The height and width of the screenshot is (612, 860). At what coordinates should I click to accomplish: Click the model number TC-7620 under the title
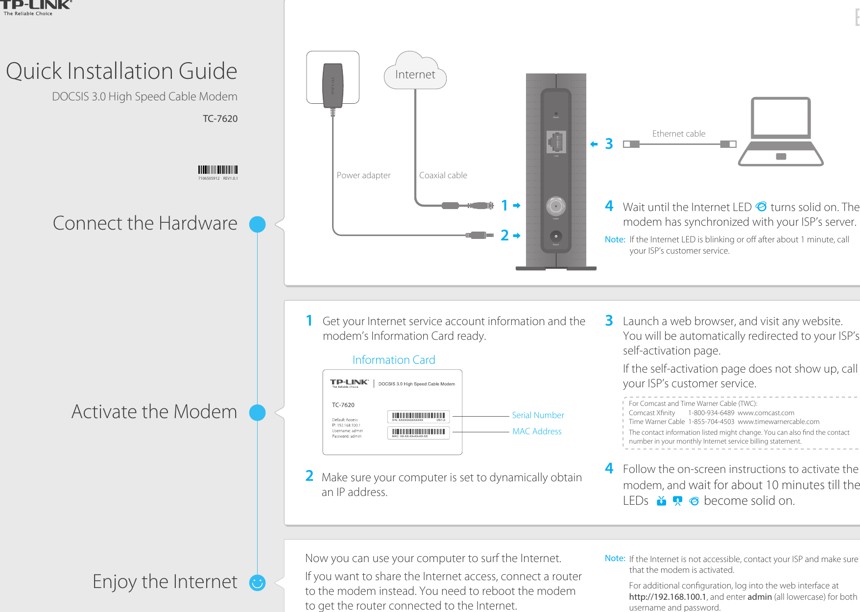pos(220,118)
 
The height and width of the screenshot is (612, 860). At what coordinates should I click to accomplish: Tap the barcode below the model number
pos(218,170)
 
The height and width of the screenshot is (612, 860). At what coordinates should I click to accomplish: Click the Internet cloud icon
pos(415,72)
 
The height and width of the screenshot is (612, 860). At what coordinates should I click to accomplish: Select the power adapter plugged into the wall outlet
pos(333,83)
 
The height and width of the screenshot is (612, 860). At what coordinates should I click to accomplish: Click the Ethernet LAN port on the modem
pos(556,142)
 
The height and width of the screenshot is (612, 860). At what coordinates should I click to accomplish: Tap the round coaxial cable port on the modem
pos(556,206)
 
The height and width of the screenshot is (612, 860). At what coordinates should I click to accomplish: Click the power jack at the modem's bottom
pos(556,237)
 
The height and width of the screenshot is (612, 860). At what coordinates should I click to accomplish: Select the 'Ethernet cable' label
pos(679,134)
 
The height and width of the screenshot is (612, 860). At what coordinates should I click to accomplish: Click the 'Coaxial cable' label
pos(443,175)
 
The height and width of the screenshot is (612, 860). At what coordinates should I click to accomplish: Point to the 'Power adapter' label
pos(363,175)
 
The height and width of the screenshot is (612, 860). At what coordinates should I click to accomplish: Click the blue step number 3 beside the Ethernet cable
pos(609,144)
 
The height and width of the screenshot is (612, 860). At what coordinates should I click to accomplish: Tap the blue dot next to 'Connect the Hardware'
pos(257,224)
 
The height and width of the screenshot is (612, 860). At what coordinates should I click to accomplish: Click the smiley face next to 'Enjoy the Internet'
pos(257,583)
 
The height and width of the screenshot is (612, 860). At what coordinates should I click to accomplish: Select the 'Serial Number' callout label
pos(538,415)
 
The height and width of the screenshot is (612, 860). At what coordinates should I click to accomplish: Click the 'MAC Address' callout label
pos(537,431)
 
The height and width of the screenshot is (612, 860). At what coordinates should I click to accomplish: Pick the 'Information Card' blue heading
pos(394,360)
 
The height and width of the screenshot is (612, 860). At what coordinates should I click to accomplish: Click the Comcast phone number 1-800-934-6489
pos(711,413)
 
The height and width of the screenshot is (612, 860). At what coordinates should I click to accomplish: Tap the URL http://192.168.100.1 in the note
pos(668,597)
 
